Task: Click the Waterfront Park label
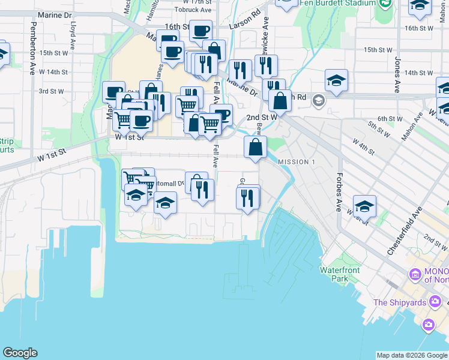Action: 340,274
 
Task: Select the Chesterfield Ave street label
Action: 406,232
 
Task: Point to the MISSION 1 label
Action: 297,162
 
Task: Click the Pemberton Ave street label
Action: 33,48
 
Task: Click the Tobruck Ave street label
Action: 194,10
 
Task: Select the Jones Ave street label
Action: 397,74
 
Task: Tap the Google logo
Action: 20,353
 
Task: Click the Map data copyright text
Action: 412,355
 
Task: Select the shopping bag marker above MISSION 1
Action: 255,147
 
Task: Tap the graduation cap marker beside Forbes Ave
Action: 364,206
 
